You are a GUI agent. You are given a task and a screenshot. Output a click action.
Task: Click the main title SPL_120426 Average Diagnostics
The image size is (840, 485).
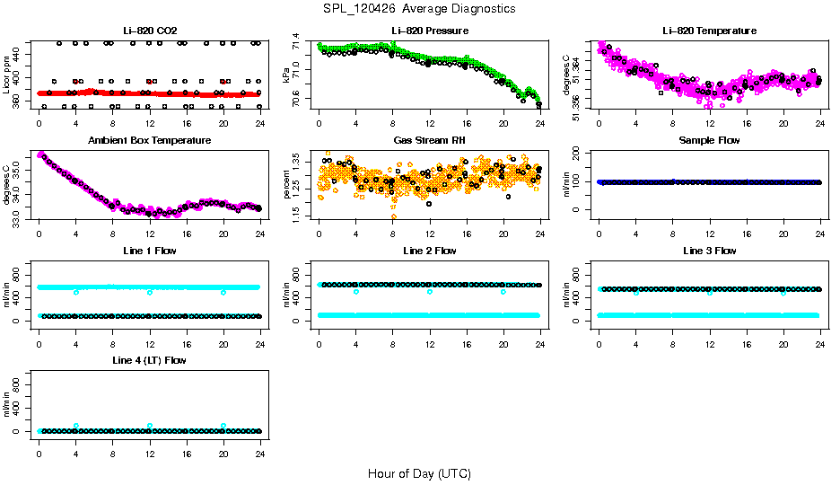420,9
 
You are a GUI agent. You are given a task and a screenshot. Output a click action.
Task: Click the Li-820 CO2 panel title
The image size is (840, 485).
149,31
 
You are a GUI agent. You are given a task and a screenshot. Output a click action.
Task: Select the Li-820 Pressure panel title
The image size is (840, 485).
430,31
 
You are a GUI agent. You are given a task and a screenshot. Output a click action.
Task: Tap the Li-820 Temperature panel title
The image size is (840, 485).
709,31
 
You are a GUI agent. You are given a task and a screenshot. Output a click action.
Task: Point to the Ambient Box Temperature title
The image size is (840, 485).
149,141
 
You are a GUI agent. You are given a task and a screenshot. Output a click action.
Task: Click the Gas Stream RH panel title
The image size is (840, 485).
430,141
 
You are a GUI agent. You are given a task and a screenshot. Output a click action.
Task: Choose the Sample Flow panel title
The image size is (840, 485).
709,141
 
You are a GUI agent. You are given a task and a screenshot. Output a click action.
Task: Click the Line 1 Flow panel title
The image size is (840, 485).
149,251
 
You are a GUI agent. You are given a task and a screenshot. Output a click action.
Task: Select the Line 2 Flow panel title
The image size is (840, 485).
430,251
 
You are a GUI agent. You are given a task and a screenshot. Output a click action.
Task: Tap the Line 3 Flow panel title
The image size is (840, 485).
709,251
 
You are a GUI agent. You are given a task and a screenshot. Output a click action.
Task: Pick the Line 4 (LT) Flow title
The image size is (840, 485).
149,360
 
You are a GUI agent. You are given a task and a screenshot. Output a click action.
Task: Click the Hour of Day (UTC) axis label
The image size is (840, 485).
419,473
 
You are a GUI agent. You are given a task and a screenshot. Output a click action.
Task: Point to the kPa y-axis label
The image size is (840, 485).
287,75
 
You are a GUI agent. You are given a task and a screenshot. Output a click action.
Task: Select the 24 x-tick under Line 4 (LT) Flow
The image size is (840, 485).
259,445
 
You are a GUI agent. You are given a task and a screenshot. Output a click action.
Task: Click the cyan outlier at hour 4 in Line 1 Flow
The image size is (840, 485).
76,292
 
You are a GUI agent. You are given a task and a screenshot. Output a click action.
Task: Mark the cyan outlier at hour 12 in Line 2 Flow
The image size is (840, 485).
430,292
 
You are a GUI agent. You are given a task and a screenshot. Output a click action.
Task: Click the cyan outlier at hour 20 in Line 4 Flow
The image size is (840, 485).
223,426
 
